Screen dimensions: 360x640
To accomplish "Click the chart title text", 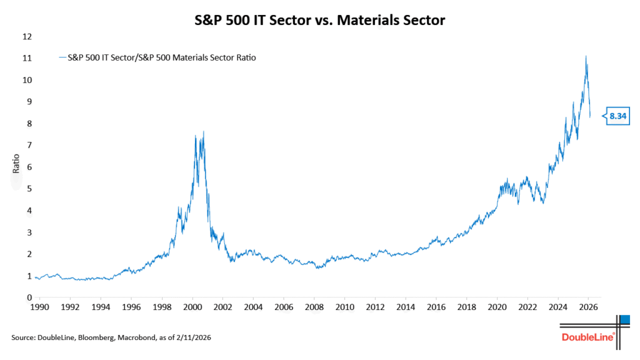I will [x=319, y=21].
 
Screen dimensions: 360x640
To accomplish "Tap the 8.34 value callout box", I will [x=619, y=116].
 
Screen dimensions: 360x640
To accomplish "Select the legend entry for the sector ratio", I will [x=157, y=57].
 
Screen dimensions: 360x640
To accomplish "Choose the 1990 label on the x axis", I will [x=40, y=308].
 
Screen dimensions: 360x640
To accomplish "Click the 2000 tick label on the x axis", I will [x=192, y=308].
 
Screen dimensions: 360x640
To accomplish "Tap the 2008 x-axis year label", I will [x=314, y=308].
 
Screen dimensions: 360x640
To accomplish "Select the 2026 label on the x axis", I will [x=588, y=308].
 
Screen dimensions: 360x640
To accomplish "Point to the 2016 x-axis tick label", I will [x=436, y=308].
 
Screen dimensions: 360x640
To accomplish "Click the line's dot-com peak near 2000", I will [x=204, y=132].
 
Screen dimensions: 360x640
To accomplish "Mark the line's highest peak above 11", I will [x=586, y=56].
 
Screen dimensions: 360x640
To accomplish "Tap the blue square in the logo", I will [x=624, y=320].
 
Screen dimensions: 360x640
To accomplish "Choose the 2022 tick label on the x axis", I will [x=527, y=308].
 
